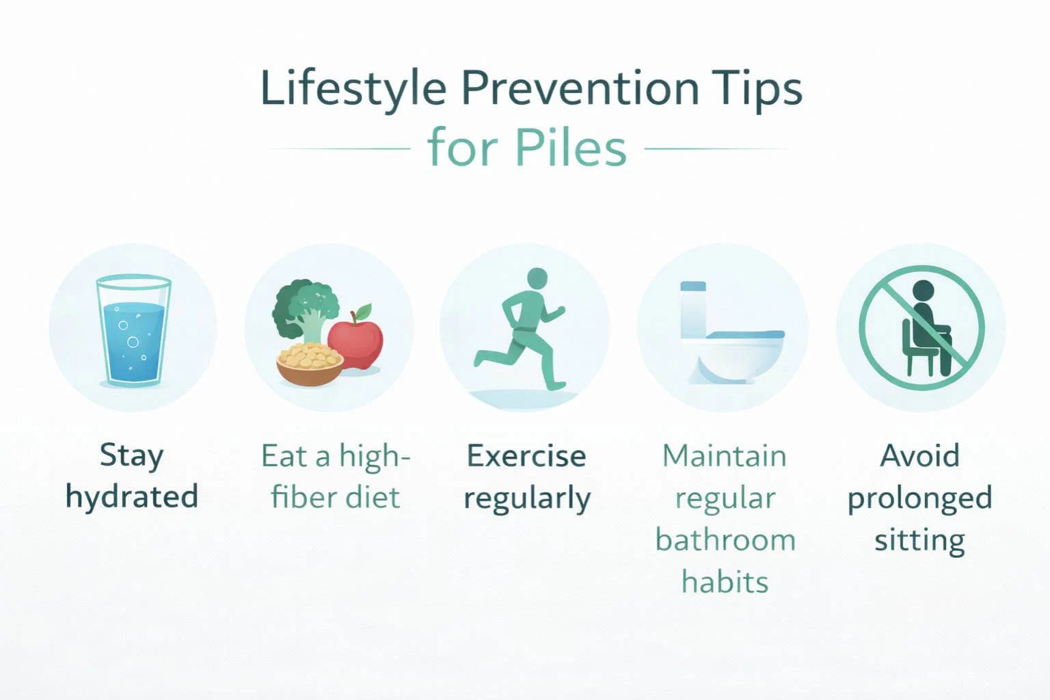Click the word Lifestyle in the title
[353, 89]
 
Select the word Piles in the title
[571, 148]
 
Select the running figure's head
[537, 278]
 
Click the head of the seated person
[924, 291]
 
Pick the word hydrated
[132, 497]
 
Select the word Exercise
[526, 456]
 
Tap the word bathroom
[725, 540]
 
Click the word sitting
[919, 540]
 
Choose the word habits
[725, 582]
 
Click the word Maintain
[725, 456]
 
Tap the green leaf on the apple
[364, 311]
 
